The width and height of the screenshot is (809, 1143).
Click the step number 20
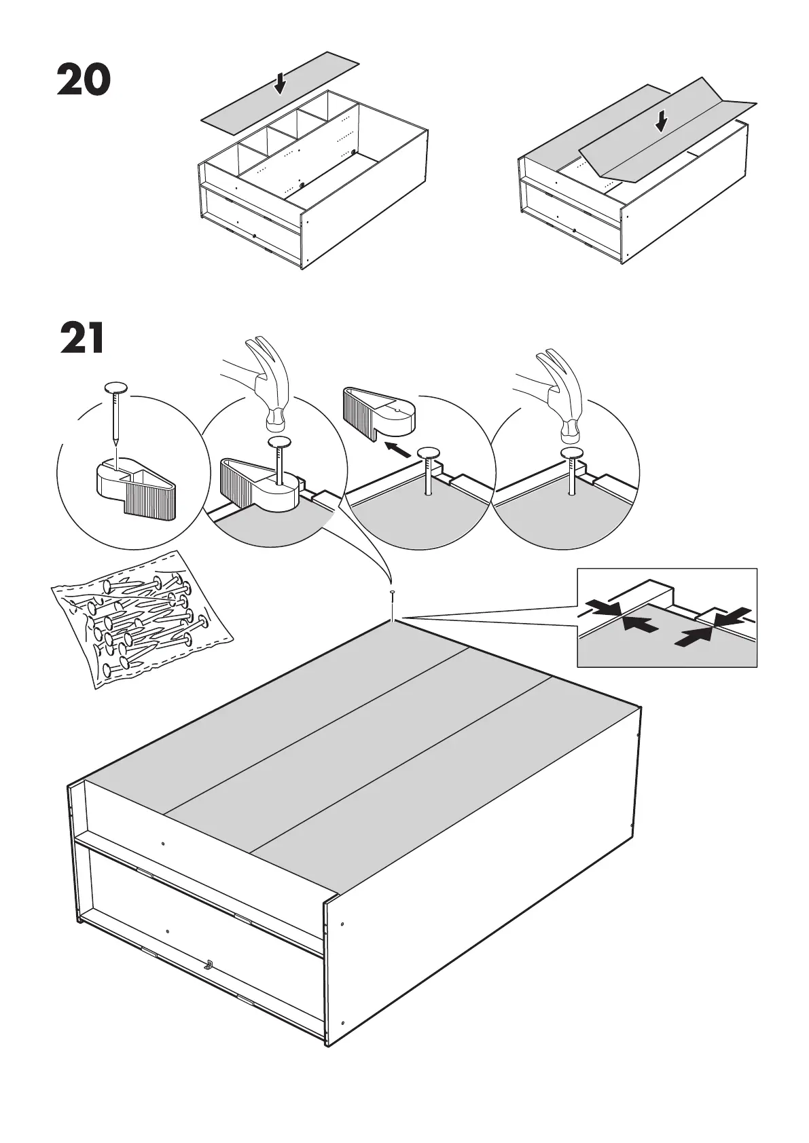[84, 80]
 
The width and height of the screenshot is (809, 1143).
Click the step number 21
[82, 339]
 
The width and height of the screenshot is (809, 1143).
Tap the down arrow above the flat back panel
[280, 84]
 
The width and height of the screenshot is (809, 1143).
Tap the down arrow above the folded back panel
[661, 121]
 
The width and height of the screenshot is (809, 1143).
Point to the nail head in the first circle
[116, 388]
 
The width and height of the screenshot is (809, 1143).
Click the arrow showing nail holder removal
[397, 449]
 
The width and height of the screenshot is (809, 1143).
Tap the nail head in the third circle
[429, 454]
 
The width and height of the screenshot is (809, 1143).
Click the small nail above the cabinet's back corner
[393, 595]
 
